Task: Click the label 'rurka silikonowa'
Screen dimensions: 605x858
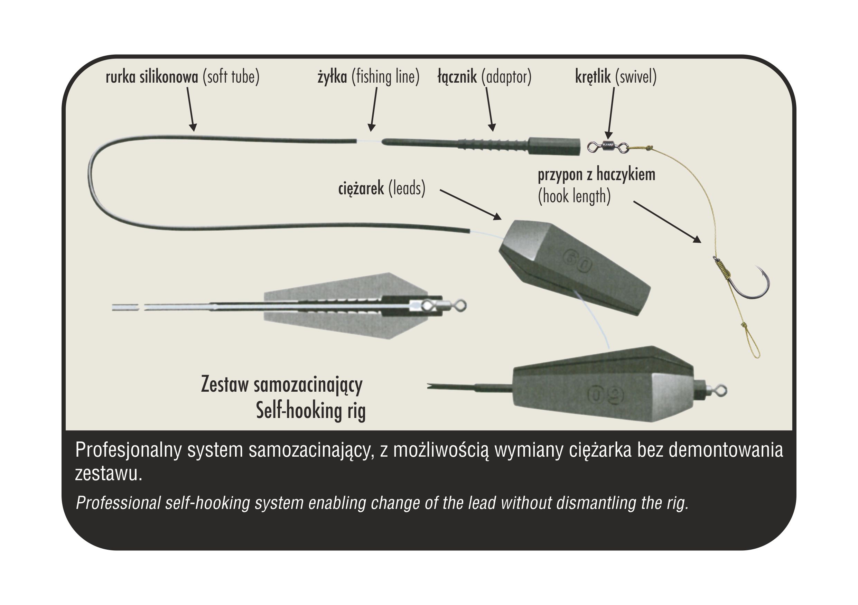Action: coord(152,77)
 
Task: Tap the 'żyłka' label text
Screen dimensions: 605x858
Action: coord(332,77)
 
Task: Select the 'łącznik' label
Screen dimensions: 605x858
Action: coord(457,77)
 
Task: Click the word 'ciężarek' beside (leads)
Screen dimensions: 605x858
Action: coord(361,189)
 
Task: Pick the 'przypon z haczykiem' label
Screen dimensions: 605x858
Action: coord(596,175)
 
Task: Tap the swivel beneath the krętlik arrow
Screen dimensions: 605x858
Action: coord(608,147)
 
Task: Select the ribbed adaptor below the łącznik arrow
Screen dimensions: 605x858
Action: coord(493,145)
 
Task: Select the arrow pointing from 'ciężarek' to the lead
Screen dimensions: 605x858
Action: coord(470,205)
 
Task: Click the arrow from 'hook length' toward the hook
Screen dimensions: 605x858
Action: coord(667,222)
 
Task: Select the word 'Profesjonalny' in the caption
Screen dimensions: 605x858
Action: coord(129,450)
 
